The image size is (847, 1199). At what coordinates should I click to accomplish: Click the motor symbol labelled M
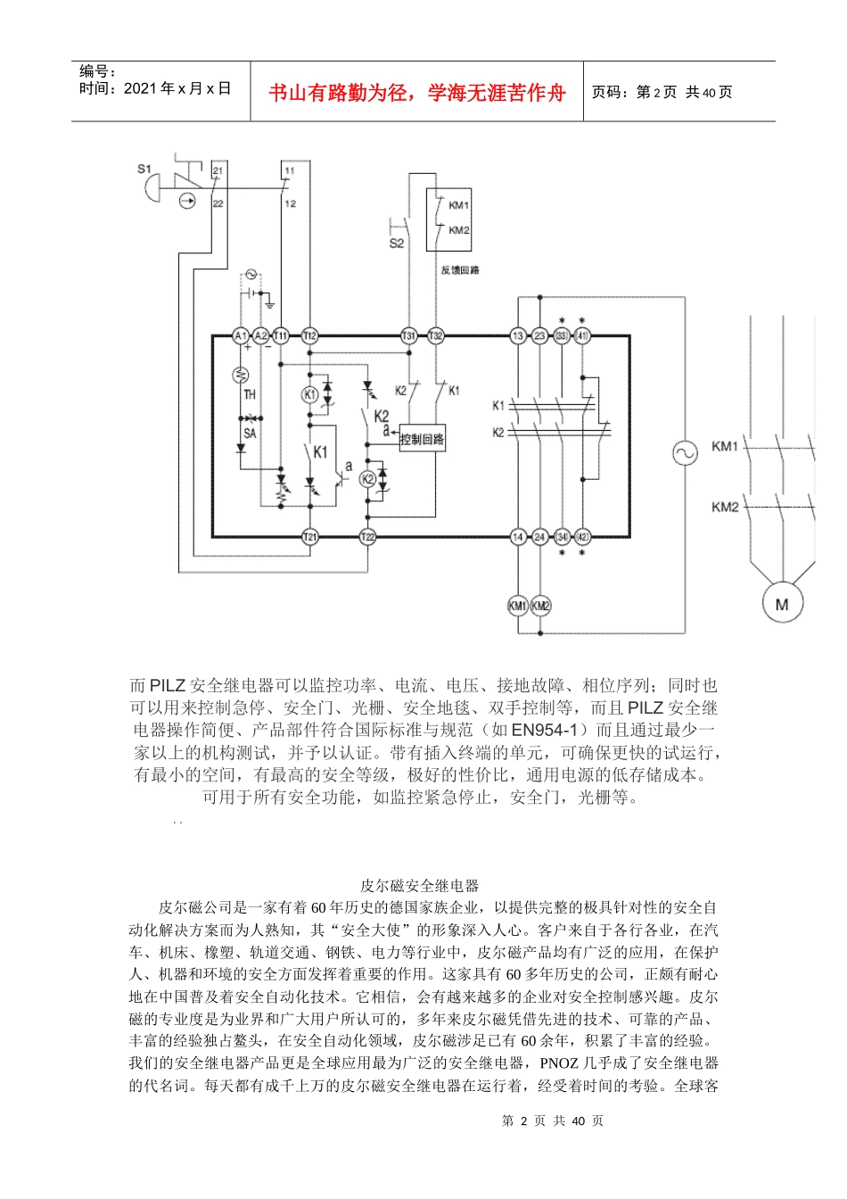(782, 604)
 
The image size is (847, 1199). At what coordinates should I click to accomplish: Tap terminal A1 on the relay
(240, 335)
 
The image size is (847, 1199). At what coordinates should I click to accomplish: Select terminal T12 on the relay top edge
(309, 335)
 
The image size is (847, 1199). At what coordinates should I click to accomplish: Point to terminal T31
(408, 335)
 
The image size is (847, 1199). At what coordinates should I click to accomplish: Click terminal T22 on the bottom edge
(367, 537)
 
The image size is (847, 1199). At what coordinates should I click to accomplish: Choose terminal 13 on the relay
(518, 335)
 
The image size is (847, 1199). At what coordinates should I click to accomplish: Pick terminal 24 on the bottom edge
(539, 537)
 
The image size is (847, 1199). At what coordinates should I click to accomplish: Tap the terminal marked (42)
(582, 537)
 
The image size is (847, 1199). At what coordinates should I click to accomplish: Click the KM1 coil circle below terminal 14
(518, 606)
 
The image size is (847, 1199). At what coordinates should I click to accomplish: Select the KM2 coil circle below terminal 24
(540, 606)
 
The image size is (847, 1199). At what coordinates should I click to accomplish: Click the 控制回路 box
(422, 439)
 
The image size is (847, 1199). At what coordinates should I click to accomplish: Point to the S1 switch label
(144, 169)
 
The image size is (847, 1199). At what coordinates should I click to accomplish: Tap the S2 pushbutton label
(397, 243)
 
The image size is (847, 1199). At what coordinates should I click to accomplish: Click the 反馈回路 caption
(460, 270)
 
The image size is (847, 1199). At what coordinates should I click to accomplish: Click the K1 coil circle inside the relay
(309, 394)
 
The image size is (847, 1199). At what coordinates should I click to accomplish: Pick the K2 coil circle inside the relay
(367, 479)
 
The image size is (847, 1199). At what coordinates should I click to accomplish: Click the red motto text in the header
(417, 92)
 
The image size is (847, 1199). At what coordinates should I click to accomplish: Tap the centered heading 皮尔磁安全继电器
(419, 886)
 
